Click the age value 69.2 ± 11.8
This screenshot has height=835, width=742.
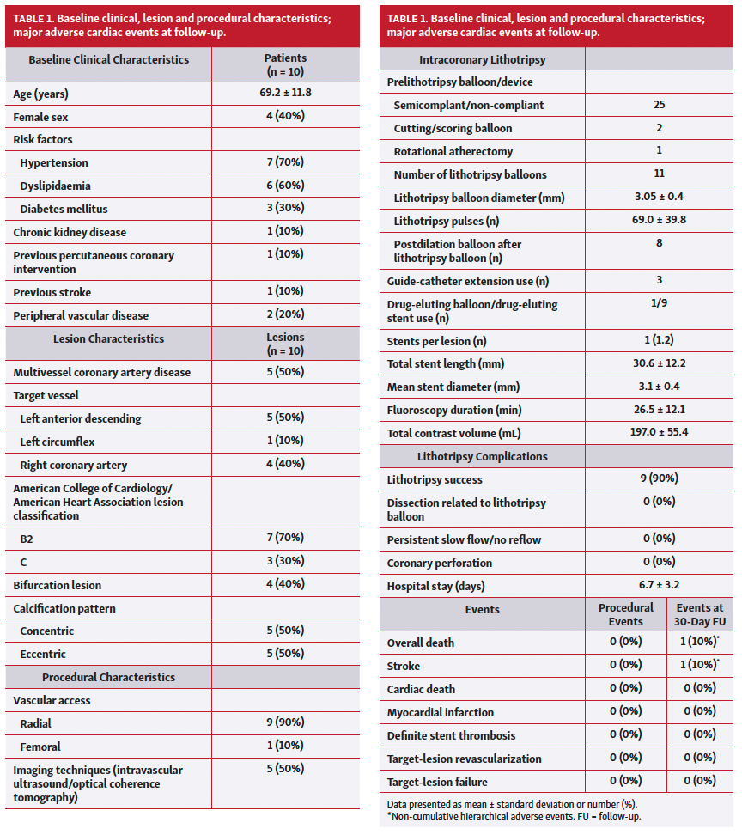284,93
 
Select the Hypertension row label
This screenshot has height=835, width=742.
54,162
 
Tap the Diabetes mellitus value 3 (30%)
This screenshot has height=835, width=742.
284,209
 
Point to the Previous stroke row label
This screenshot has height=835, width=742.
52,292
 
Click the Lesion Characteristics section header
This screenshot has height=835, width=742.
108,338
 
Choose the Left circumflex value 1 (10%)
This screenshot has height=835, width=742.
284,442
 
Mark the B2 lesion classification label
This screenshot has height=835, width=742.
27,539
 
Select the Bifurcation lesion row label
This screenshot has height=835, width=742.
58,585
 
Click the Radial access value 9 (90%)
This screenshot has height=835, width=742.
284,723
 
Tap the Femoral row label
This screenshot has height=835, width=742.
40,747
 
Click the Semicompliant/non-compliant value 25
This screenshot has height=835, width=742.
659,105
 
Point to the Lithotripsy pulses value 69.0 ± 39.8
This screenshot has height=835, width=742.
659,220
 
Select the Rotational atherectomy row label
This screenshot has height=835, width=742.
453,151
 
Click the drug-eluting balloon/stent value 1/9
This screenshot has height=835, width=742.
659,304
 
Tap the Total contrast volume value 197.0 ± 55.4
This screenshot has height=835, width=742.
659,432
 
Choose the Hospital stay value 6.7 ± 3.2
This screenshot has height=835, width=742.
659,586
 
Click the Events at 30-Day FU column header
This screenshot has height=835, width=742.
700,614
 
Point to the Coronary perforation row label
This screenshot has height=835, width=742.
440,563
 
